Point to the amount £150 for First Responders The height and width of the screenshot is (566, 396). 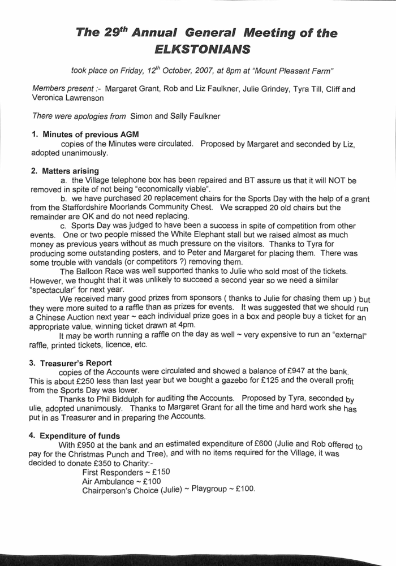coord(159,472)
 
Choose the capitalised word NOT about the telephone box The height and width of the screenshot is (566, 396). coord(335,180)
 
